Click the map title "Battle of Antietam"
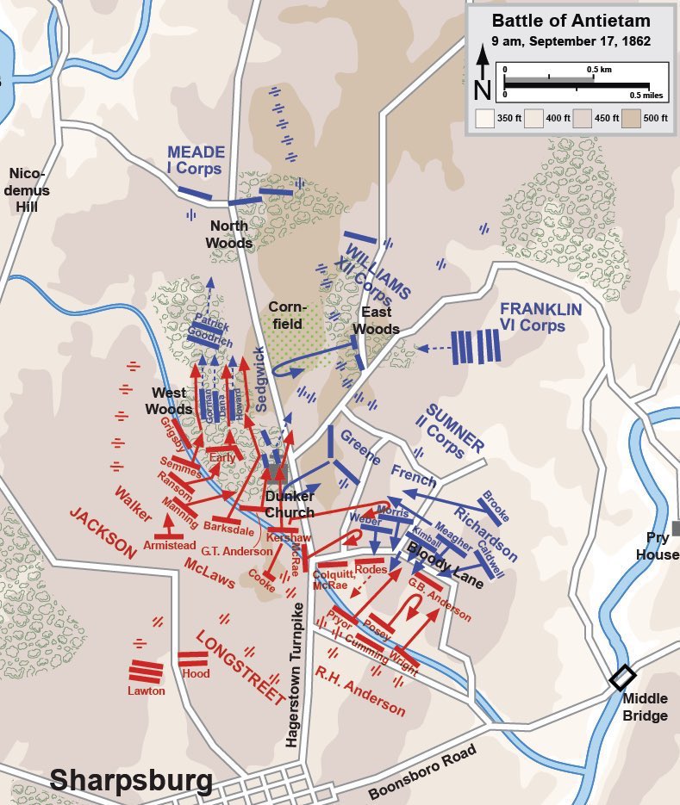(x=571, y=21)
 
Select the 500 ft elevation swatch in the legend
(x=638, y=117)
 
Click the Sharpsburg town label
(x=131, y=780)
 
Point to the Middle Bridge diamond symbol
(x=621, y=678)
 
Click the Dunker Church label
(x=289, y=505)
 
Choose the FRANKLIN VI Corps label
(x=541, y=317)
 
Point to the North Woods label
(x=228, y=234)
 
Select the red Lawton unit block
(x=147, y=672)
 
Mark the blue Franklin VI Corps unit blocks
(x=477, y=348)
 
